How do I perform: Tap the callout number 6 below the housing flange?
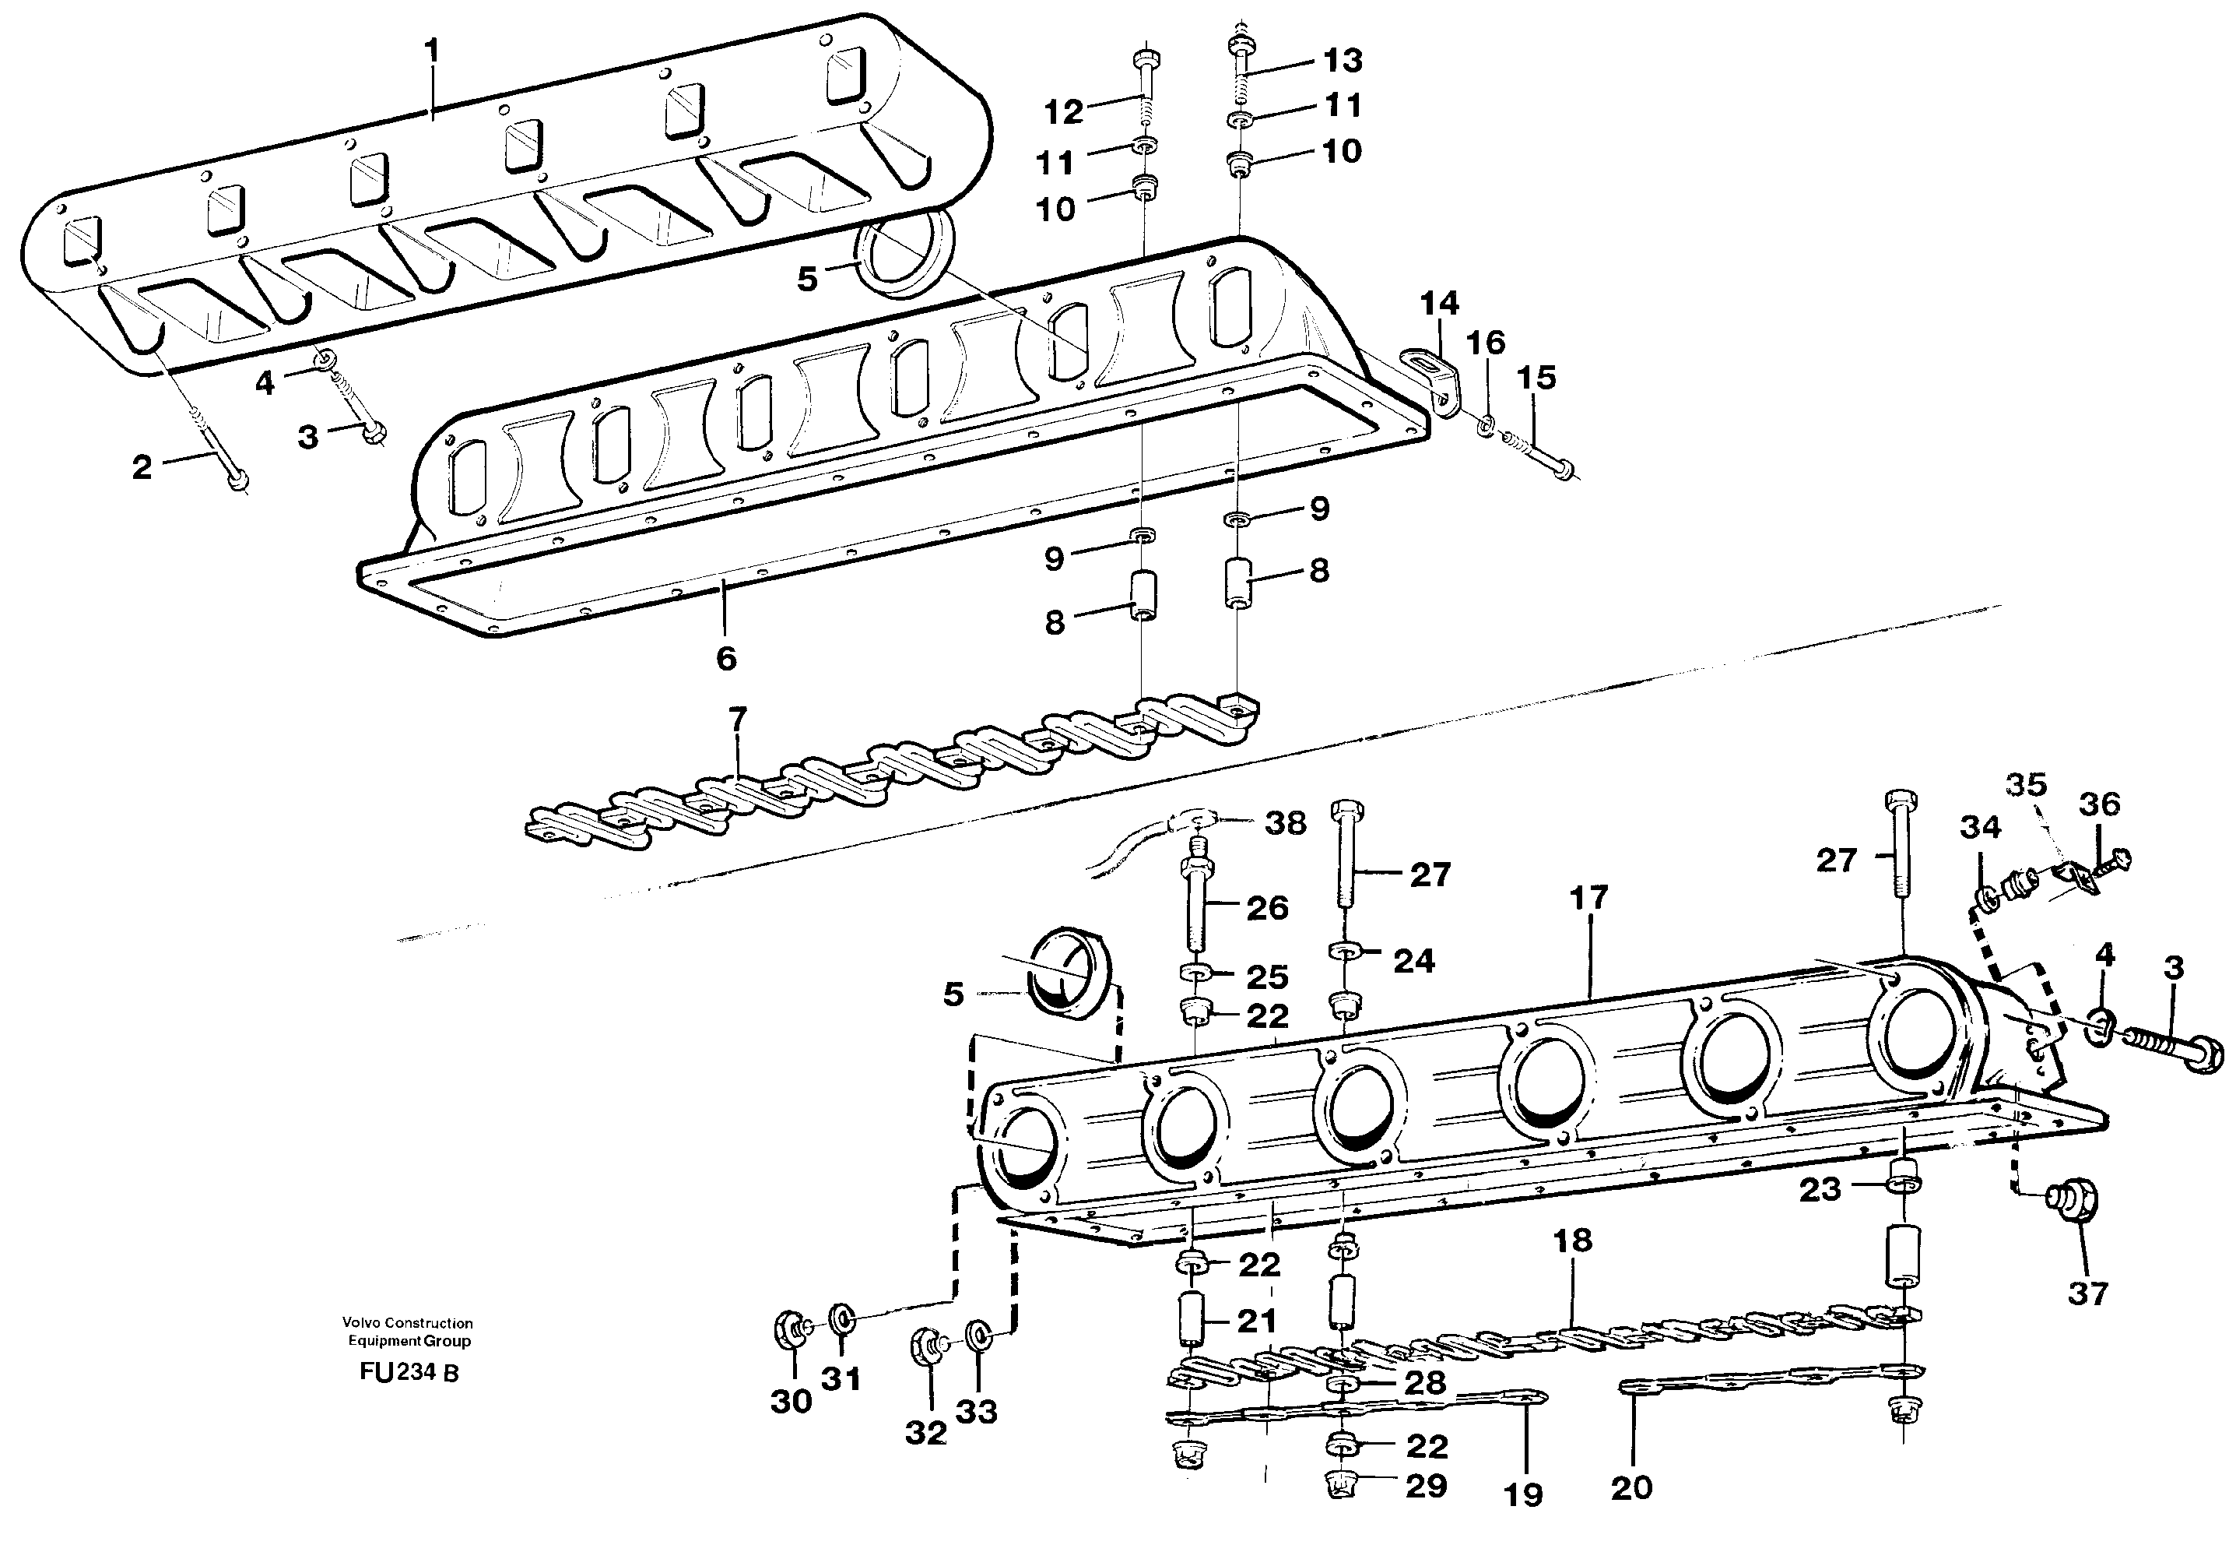coord(725,658)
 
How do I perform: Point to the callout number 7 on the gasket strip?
coord(736,720)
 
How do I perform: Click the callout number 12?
coord(1062,112)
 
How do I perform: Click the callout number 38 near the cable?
coord(1285,824)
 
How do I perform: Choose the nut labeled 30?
coord(788,1330)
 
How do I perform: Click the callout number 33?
coord(975,1413)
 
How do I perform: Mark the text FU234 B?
coord(409,1373)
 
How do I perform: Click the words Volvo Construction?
coord(406,1322)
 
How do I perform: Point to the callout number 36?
coord(2098,804)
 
